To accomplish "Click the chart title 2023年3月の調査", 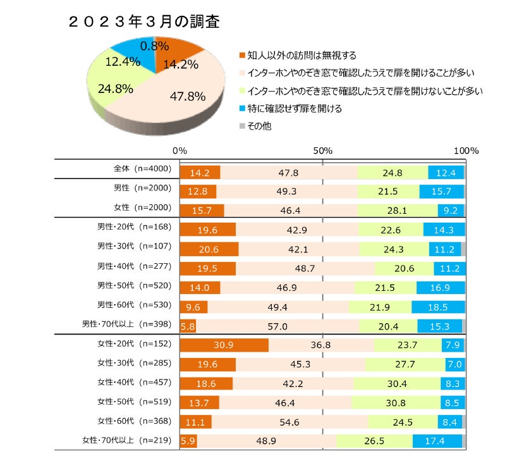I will point(143,22).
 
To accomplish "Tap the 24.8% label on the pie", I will point(115,89).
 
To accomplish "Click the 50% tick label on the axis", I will point(322,151).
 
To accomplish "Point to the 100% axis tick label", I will point(466,151).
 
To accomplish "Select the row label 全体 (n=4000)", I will point(138,169).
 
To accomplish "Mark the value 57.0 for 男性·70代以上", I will point(277,326).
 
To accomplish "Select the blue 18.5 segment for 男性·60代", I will point(437,307).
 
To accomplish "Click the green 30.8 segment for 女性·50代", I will point(396,403).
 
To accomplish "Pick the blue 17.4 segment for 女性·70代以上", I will point(437,441).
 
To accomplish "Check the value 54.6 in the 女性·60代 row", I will point(290,422).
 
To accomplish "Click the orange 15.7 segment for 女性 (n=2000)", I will point(202,211).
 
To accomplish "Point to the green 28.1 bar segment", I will point(397,211).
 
